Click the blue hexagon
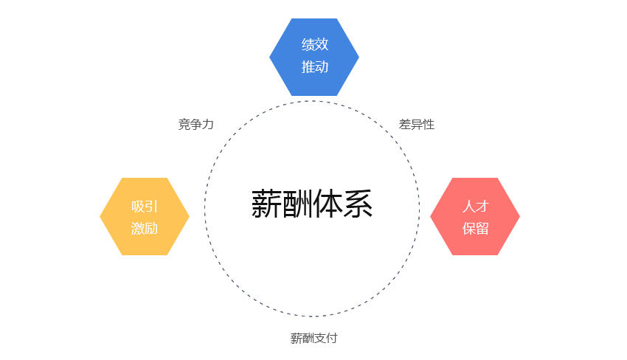pos(314,58)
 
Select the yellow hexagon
pos(145,216)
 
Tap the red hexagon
pos(475,216)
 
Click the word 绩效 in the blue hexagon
pos(315,44)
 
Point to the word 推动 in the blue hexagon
pos(315,67)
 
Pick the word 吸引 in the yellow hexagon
pos(145,207)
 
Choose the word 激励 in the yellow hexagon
pos(145,229)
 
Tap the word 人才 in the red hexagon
pos(476,207)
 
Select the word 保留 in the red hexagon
pos(476,229)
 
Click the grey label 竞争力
pos(196,125)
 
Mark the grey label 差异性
pos(416,125)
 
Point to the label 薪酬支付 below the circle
pos(314,339)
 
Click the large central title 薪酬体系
pos(312,204)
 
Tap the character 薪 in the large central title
pos(266,204)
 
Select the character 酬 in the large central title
pos(297,204)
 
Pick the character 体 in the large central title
pos(328,204)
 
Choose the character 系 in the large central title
pos(358,204)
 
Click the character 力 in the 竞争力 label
pos(208,125)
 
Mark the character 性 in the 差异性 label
pos(429,125)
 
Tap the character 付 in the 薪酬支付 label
pos(332,339)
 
